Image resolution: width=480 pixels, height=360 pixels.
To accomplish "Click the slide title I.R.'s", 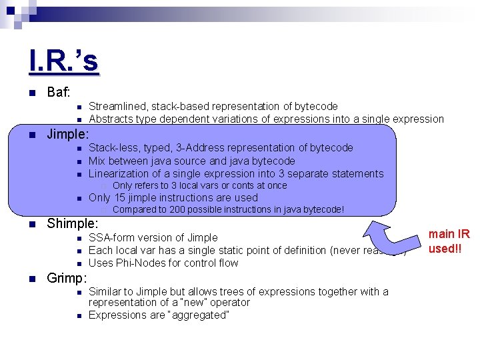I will point(64,61).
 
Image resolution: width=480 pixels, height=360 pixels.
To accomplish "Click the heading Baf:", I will point(59,92).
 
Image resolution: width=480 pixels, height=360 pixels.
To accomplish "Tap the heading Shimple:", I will point(72,223).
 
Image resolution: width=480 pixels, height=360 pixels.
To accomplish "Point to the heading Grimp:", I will point(67,277).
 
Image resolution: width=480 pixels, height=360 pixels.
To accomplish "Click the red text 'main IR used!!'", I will point(449,241).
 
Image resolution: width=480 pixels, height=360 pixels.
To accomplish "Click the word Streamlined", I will point(117,106).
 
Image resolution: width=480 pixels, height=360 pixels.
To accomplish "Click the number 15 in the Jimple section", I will point(120,197).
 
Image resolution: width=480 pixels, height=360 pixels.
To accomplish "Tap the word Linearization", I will point(121,173).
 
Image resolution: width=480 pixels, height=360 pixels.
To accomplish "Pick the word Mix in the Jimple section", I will point(97,161).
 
